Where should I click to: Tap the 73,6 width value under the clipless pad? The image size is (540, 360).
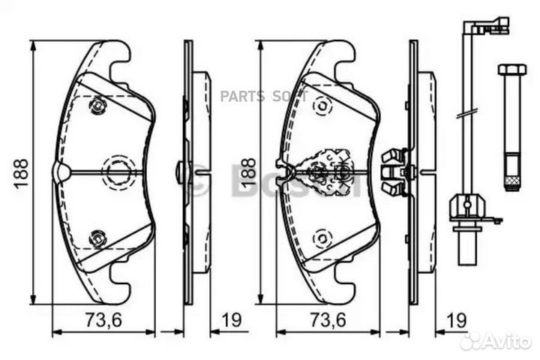pyautogui.click(x=102, y=320)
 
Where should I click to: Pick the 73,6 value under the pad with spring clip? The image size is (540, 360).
pyautogui.click(x=327, y=320)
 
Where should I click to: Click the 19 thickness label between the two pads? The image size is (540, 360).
pyautogui.click(x=230, y=320)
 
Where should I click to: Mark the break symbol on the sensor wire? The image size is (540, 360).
pyautogui.click(x=465, y=114)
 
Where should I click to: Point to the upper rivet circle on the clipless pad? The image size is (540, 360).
pyautogui.click(x=97, y=107)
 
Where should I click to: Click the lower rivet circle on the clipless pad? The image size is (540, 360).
pyautogui.click(x=97, y=238)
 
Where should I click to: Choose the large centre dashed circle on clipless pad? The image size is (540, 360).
pyautogui.click(x=116, y=172)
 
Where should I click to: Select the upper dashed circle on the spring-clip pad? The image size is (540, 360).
pyautogui.click(x=322, y=106)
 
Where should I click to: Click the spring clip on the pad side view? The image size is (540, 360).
pyautogui.click(x=394, y=172)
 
